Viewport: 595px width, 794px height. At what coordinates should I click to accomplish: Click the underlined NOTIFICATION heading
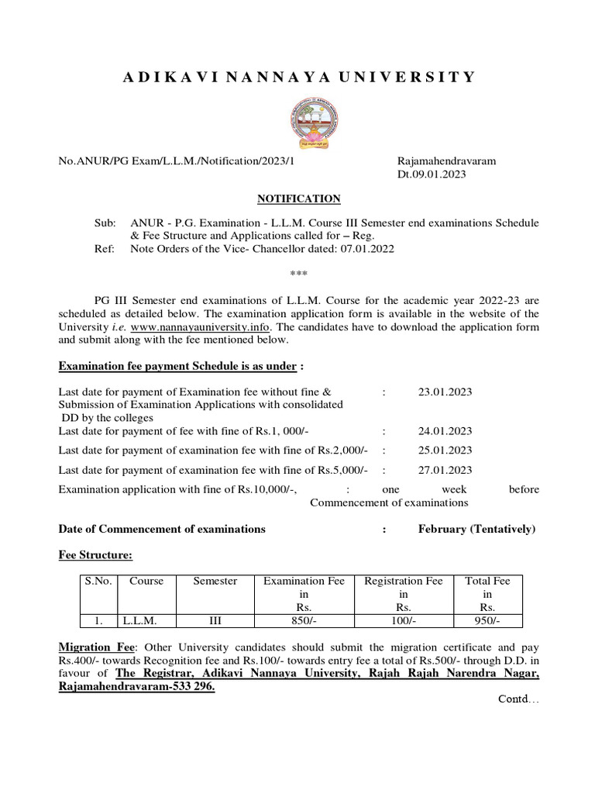point(298,199)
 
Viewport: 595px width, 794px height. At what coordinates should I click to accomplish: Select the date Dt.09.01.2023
point(432,174)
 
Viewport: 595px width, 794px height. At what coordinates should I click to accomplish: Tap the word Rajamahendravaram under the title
point(446,161)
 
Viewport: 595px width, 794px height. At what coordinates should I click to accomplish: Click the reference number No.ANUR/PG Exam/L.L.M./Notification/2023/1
point(177,161)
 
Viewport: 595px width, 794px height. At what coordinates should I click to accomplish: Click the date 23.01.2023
point(445,392)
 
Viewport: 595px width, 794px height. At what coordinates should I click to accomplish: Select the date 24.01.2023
point(445,431)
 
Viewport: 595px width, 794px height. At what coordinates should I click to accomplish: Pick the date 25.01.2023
point(445,451)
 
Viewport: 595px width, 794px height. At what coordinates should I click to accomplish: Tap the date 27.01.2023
point(445,470)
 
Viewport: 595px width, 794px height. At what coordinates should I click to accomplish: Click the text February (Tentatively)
point(476,529)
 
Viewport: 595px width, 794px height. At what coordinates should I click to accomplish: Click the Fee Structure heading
point(95,555)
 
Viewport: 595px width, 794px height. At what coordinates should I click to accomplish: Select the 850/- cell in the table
point(304,621)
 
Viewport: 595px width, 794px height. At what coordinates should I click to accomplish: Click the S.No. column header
point(98,581)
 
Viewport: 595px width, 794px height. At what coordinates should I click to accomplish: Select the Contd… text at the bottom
point(518,699)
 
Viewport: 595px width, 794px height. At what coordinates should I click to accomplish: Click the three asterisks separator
point(298,274)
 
